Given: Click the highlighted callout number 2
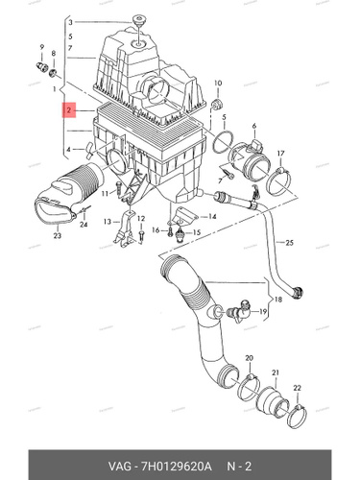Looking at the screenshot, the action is point(69,110).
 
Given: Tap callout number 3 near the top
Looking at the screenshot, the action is point(70,22).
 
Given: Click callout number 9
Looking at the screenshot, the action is point(42,47).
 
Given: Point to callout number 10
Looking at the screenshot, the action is point(218,84).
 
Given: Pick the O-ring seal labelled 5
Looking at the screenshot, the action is point(223,143).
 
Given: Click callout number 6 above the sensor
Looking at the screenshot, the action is point(254,126).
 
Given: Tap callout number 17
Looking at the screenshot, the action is point(280,154).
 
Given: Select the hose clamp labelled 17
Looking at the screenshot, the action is point(278,181).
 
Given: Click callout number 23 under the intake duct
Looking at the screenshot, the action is point(58,236).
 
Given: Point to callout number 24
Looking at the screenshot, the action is point(84,225).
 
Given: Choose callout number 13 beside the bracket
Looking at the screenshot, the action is point(108,222).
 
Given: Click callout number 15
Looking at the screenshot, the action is point(197,232).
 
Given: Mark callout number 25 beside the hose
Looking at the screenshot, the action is point(289,243).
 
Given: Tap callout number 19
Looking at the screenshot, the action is point(263,311).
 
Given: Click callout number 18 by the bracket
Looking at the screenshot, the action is point(278,300).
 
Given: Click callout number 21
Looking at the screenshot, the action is point(276,372).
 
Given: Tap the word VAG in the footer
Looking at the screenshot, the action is point(120,467).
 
